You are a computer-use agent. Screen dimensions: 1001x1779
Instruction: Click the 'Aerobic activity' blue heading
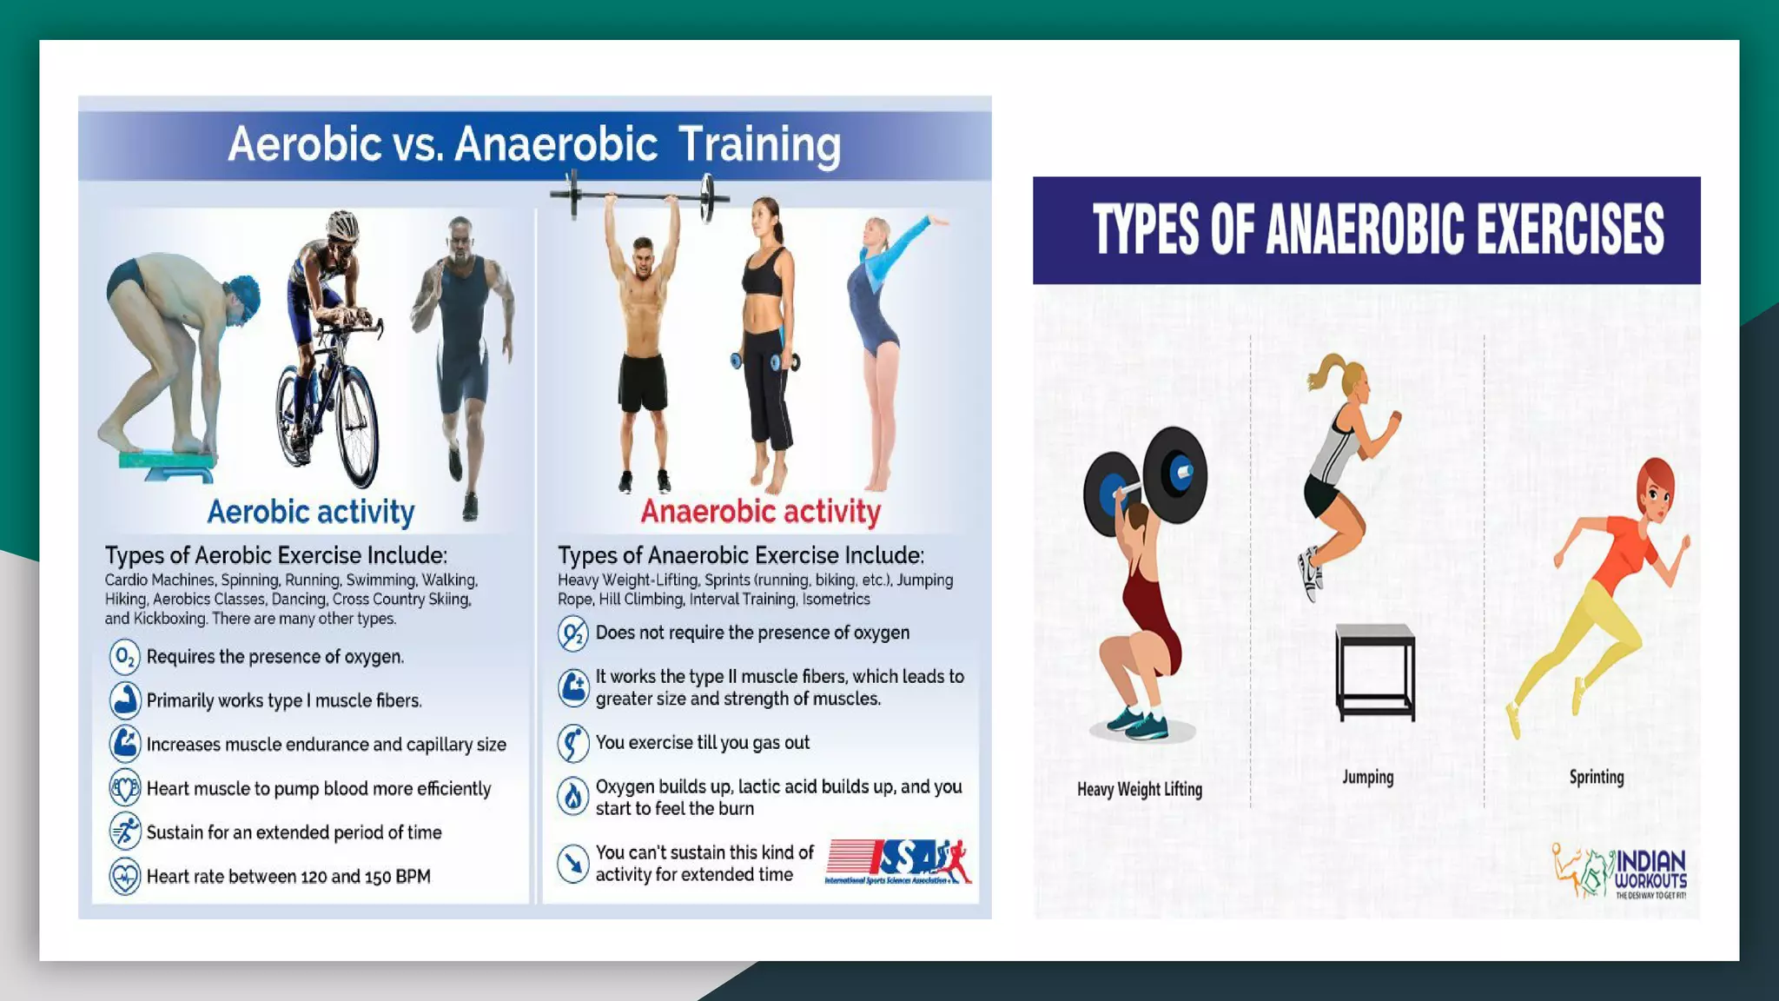point(310,512)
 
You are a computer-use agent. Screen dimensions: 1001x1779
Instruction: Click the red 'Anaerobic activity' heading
point(760,512)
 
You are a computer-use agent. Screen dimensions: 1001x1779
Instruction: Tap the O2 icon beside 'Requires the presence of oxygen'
point(125,657)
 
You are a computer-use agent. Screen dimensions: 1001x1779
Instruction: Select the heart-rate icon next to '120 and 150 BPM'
point(125,876)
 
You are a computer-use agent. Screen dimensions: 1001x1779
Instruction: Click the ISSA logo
point(898,862)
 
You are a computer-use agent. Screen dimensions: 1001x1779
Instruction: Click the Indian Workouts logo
point(1620,872)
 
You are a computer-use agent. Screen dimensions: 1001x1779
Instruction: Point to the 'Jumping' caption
point(1367,777)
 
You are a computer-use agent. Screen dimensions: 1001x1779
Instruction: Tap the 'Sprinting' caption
point(1596,777)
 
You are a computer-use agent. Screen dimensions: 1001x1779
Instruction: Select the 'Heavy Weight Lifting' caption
point(1139,789)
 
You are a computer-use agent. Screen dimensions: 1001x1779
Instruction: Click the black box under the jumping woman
point(1375,672)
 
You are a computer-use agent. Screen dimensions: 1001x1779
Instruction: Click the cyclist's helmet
point(343,226)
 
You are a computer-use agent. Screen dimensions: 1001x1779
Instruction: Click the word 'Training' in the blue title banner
point(758,144)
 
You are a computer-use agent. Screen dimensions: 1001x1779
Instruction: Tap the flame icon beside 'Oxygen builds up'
point(573,796)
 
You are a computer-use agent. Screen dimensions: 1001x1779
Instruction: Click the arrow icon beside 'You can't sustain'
point(573,863)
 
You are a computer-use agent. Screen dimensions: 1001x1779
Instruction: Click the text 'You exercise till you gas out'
point(702,743)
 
